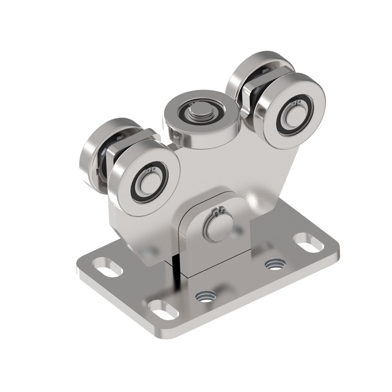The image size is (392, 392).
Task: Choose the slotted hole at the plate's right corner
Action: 308,241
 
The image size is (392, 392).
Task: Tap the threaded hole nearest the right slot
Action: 275,264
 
